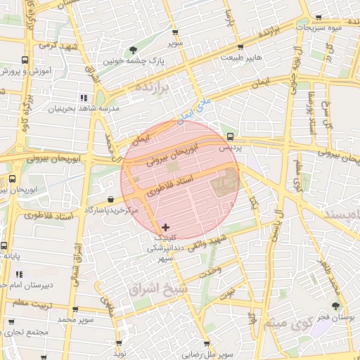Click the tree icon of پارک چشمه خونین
pos(133,50)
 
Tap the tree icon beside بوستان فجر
pos(335,306)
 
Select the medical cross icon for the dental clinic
pos(165,226)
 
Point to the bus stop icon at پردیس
pos(230,136)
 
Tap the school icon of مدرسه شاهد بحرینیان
pos(84,98)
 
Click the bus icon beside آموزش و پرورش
pos(25,60)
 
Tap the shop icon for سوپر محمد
pos(75,309)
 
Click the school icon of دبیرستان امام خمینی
pos(20,274)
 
